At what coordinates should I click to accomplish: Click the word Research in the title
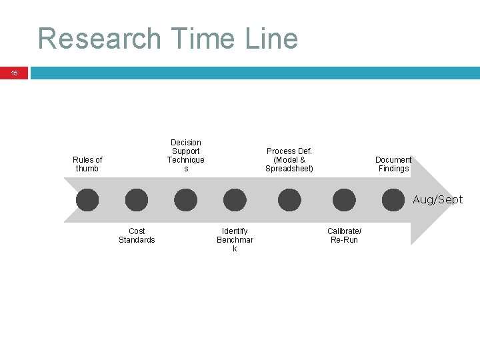pyautogui.click(x=99, y=39)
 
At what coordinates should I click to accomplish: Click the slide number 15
pyautogui.click(x=15, y=73)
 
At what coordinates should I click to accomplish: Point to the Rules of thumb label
pyautogui.click(x=87, y=164)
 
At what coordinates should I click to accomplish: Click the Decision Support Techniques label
pyautogui.click(x=186, y=155)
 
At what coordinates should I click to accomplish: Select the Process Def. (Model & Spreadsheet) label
pyautogui.click(x=289, y=160)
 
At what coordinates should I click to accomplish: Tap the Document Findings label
pyautogui.click(x=393, y=164)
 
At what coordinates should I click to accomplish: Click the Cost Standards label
pyautogui.click(x=137, y=235)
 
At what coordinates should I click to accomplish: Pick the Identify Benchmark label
pyautogui.click(x=235, y=239)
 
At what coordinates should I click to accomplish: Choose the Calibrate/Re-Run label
pyautogui.click(x=345, y=235)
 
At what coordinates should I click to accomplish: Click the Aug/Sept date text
pyautogui.click(x=437, y=199)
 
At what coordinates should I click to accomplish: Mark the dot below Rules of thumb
pyautogui.click(x=87, y=200)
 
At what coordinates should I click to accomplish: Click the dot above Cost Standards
pyautogui.click(x=137, y=200)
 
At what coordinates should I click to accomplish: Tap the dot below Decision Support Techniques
pyautogui.click(x=186, y=200)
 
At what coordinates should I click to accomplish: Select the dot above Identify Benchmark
pyautogui.click(x=235, y=200)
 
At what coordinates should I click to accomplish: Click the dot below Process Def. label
pyautogui.click(x=289, y=200)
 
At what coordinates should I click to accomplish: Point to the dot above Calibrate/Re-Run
pyautogui.click(x=344, y=200)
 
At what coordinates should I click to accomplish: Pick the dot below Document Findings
pyautogui.click(x=393, y=200)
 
